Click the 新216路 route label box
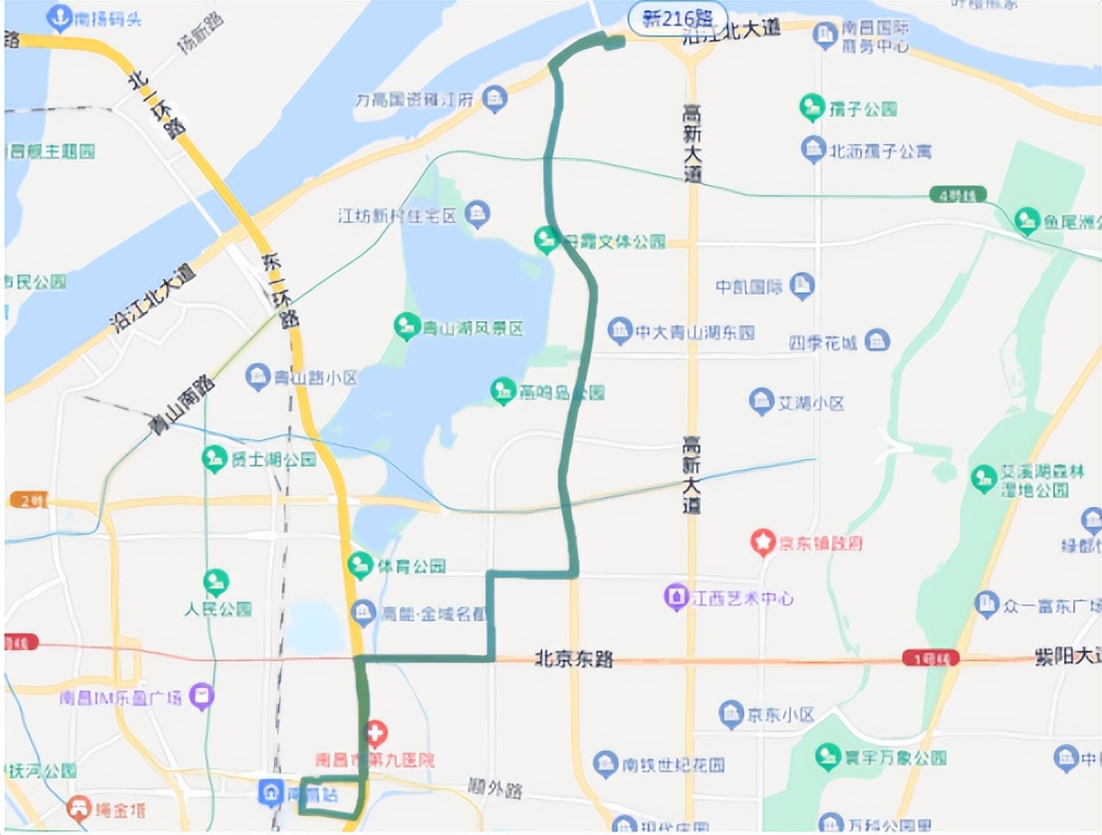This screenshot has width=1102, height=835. point(673,17)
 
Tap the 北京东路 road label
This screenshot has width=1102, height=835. point(574,659)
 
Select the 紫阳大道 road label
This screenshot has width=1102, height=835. point(1067,659)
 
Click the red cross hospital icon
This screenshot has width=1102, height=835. point(376,731)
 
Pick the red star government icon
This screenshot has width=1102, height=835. point(764,543)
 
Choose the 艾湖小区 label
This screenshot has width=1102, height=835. point(811,403)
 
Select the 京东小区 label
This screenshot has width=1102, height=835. point(780,715)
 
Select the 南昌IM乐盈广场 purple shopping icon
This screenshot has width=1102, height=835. point(204,695)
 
